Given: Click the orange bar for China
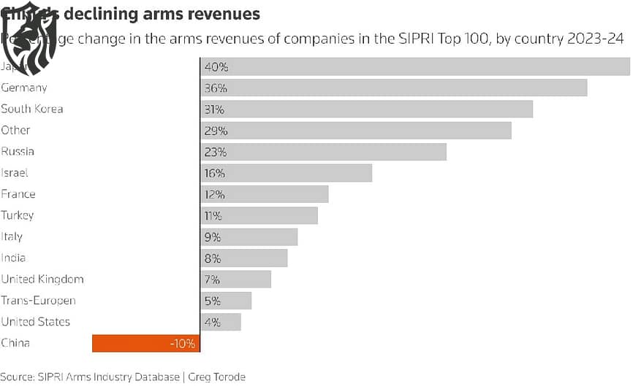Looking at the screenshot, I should pyautogui.click(x=145, y=343).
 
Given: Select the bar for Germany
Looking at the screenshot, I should pyautogui.click(x=394, y=88).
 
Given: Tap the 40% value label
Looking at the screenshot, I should pyautogui.click(x=216, y=66).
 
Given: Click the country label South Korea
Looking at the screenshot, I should pyautogui.click(x=32, y=109).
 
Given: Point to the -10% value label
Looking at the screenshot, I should pyautogui.click(x=182, y=343).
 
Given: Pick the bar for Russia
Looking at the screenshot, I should pyautogui.click(x=323, y=152).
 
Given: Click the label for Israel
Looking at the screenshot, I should pyautogui.click(x=15, y=173).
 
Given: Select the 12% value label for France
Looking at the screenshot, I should pyautogui.click(x=215, y=195).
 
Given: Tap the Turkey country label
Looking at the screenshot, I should pyautogui.click(x=18, y=215).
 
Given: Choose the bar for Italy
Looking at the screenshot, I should pyautogui.click(x=249, y=237).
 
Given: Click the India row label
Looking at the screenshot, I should pyautogui.click(x=13, y=258).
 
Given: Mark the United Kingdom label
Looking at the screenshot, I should pyautogui.click(x=42, y=279).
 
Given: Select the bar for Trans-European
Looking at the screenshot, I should pyautogui.click(x=226, y=301).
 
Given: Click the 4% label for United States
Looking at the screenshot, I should pyautogui.click(x=212, y=322).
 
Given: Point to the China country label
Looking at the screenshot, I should pyautogui.click(x=15, y=343).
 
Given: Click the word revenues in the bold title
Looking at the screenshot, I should pyautogui.click(x=223, y=13).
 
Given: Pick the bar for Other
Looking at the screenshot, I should pyautogui.click(x=356, y=131).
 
